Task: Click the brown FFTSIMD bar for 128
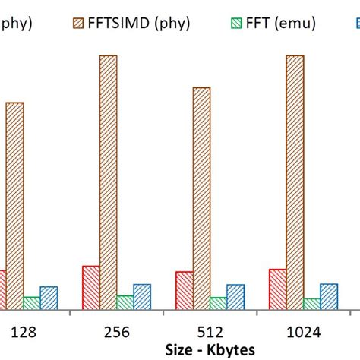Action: pyautogui.click(x=15, y=205)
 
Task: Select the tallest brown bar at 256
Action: pyautogui.click(x=109, y=182)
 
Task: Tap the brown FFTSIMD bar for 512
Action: pyautogui.click(x=201, y=197)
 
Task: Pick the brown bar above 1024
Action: pyautogui.click(x=295, y=182)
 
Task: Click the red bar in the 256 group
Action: pyautogui.click(x=90, y=287)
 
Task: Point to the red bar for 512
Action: pyautogui.click(x=184, y=290)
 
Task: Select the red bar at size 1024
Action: pyautogui.click(x=277, y=289)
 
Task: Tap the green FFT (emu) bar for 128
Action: pyautogui.click(x=32, y=302)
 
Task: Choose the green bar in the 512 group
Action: pyautogui.click(x=219, y=302)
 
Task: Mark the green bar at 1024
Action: pyautogui.click(x=311, y=303)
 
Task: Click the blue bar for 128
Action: pyautogui.click(x=49, y=298)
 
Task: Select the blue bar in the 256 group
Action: pyautogui.click(x=142, y=296)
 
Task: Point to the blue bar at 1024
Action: pyautogui.click(x=329, y=296)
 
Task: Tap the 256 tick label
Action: pyautogui.click(x=116, y=332)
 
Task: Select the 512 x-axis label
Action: pyautogui.click(x=210, y=332)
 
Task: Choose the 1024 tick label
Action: pyautogui.click(x=302, y=332)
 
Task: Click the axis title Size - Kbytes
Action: pyautogui.click(x=210, y=350)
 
